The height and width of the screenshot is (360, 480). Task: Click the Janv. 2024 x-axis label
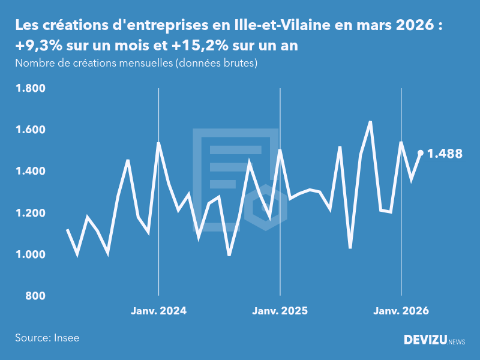pos(158,311)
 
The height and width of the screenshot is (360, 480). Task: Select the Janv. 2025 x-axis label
pos(280,311)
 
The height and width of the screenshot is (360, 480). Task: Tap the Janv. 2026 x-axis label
pos(401,311)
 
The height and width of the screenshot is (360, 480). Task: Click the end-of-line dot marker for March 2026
pos(421,153)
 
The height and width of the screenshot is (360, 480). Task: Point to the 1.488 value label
pos(445,154)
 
